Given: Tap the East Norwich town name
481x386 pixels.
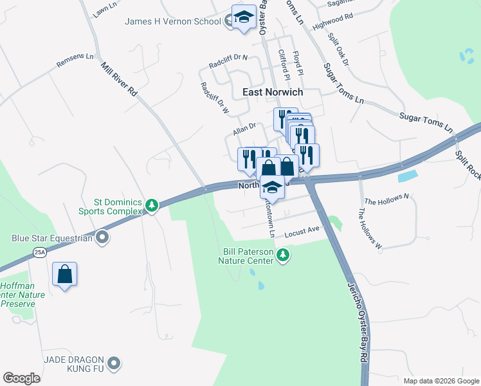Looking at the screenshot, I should point(273,92).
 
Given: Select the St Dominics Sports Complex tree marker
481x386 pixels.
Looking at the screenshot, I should point(151,205).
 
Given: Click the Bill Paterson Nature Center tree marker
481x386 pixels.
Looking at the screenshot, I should point(282,257).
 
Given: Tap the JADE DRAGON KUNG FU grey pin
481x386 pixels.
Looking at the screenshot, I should point(114,364).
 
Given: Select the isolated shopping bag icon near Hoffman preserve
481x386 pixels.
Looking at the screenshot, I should point(65,275).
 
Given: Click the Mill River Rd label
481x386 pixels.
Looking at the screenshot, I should point(119,78).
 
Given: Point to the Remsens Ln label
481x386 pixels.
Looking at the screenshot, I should point(75,61).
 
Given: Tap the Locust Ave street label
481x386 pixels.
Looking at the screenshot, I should point(302,229).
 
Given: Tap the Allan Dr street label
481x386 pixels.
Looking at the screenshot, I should point(244,130).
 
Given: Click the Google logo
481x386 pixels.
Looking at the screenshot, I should point(21,378).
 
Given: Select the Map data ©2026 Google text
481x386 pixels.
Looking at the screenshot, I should point(440,381).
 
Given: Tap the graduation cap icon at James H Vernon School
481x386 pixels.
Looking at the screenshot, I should point(244,18).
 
